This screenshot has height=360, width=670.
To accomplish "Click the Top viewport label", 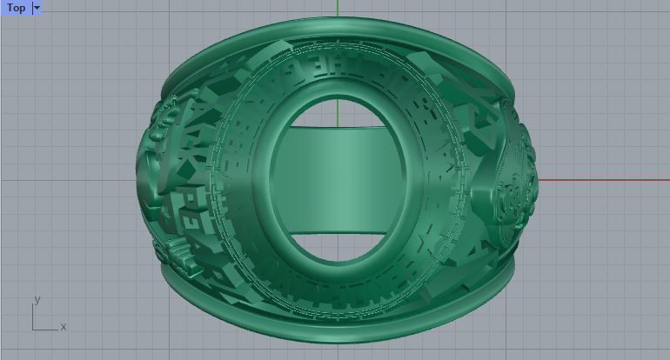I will click(x=16, y=8).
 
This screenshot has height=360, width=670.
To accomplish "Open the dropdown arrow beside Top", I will click(x=37, y=8).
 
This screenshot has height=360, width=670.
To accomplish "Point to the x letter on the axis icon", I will click(x=64, y=326).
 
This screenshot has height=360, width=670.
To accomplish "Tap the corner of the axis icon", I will click(x=34, y=329).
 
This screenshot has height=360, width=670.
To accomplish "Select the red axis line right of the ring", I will click(x=600, y=180).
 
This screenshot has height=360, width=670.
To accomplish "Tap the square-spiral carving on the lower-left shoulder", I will click(x=196, y=226).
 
